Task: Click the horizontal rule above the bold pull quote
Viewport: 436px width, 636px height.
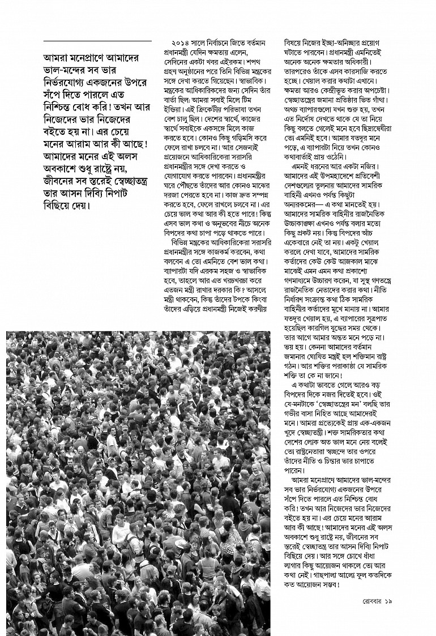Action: (97, 41)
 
